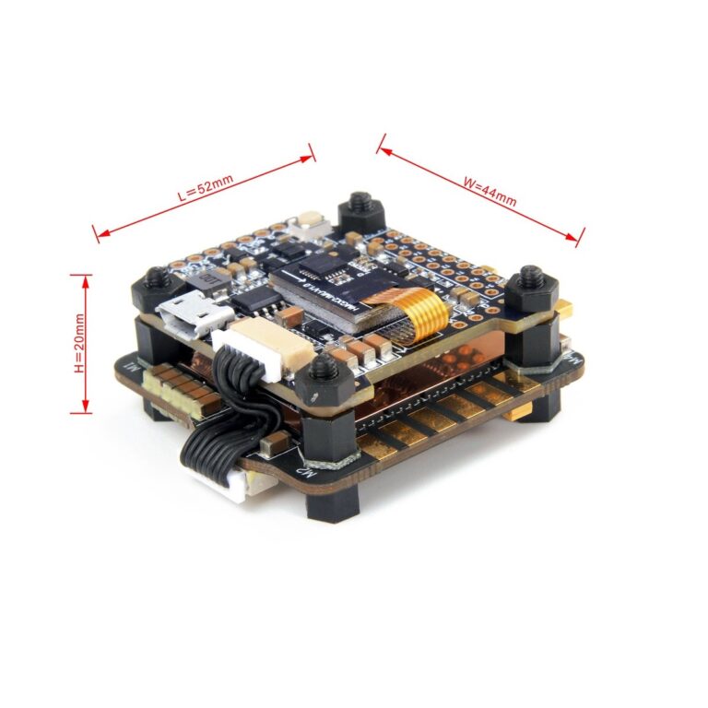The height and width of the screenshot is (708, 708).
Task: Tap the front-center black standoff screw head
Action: point(324,370)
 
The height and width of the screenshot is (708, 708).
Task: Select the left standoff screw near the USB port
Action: point(158,277)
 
